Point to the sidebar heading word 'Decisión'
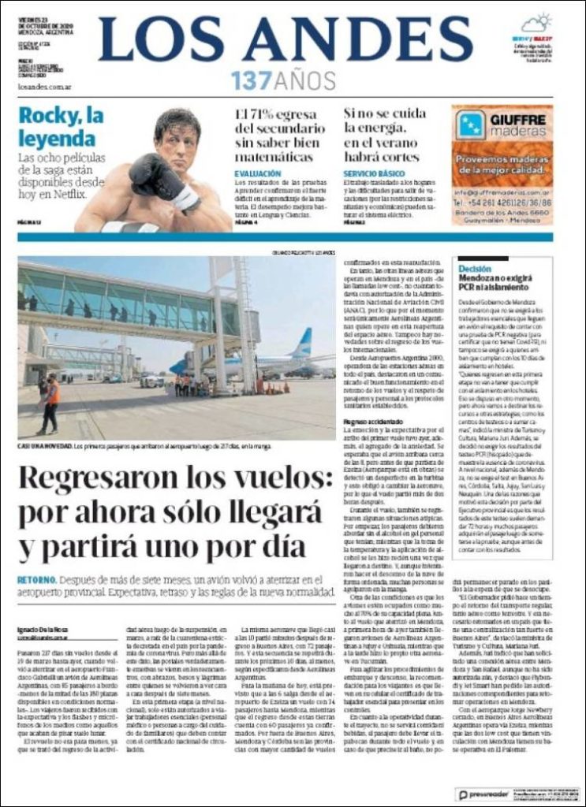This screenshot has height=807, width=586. tap(474, 268)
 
